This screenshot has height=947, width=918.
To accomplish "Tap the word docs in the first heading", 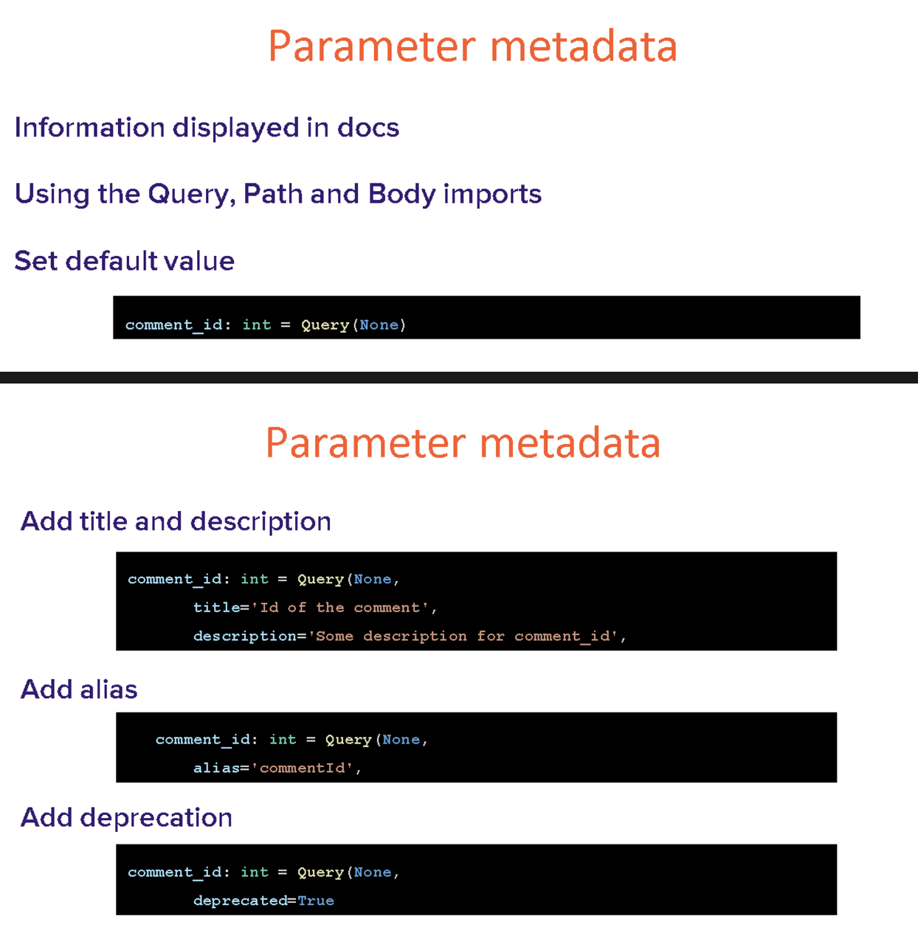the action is pos(368,128).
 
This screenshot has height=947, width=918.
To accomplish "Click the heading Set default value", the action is pos(125,260).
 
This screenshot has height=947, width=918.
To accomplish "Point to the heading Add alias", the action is pos(79,689).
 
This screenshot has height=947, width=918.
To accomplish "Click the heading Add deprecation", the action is pos(127,817).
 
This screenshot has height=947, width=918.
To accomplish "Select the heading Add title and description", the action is pos(176,521).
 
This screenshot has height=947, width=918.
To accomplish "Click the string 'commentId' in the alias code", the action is pos(302,768).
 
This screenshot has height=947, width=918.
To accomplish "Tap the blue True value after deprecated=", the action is pos(316,901).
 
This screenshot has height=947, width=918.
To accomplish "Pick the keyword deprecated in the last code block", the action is pos(240,901).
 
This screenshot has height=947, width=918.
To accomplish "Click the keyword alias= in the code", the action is pos(221,768).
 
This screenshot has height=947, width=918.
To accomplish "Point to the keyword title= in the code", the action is pos(221,607).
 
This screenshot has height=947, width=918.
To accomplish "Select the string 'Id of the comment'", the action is pos(340,607).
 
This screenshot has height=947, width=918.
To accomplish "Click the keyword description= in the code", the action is pos(250,636).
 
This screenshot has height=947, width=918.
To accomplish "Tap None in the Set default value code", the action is pos(379,325).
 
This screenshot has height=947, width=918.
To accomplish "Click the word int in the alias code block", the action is pos(283,739).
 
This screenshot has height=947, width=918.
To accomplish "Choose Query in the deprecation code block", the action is pos(321,873).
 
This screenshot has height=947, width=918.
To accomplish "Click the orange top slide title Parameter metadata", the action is pos(472,46).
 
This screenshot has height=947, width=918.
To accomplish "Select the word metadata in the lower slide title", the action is pos(570,443).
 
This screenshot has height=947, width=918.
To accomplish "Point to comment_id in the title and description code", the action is pos(175,579).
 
